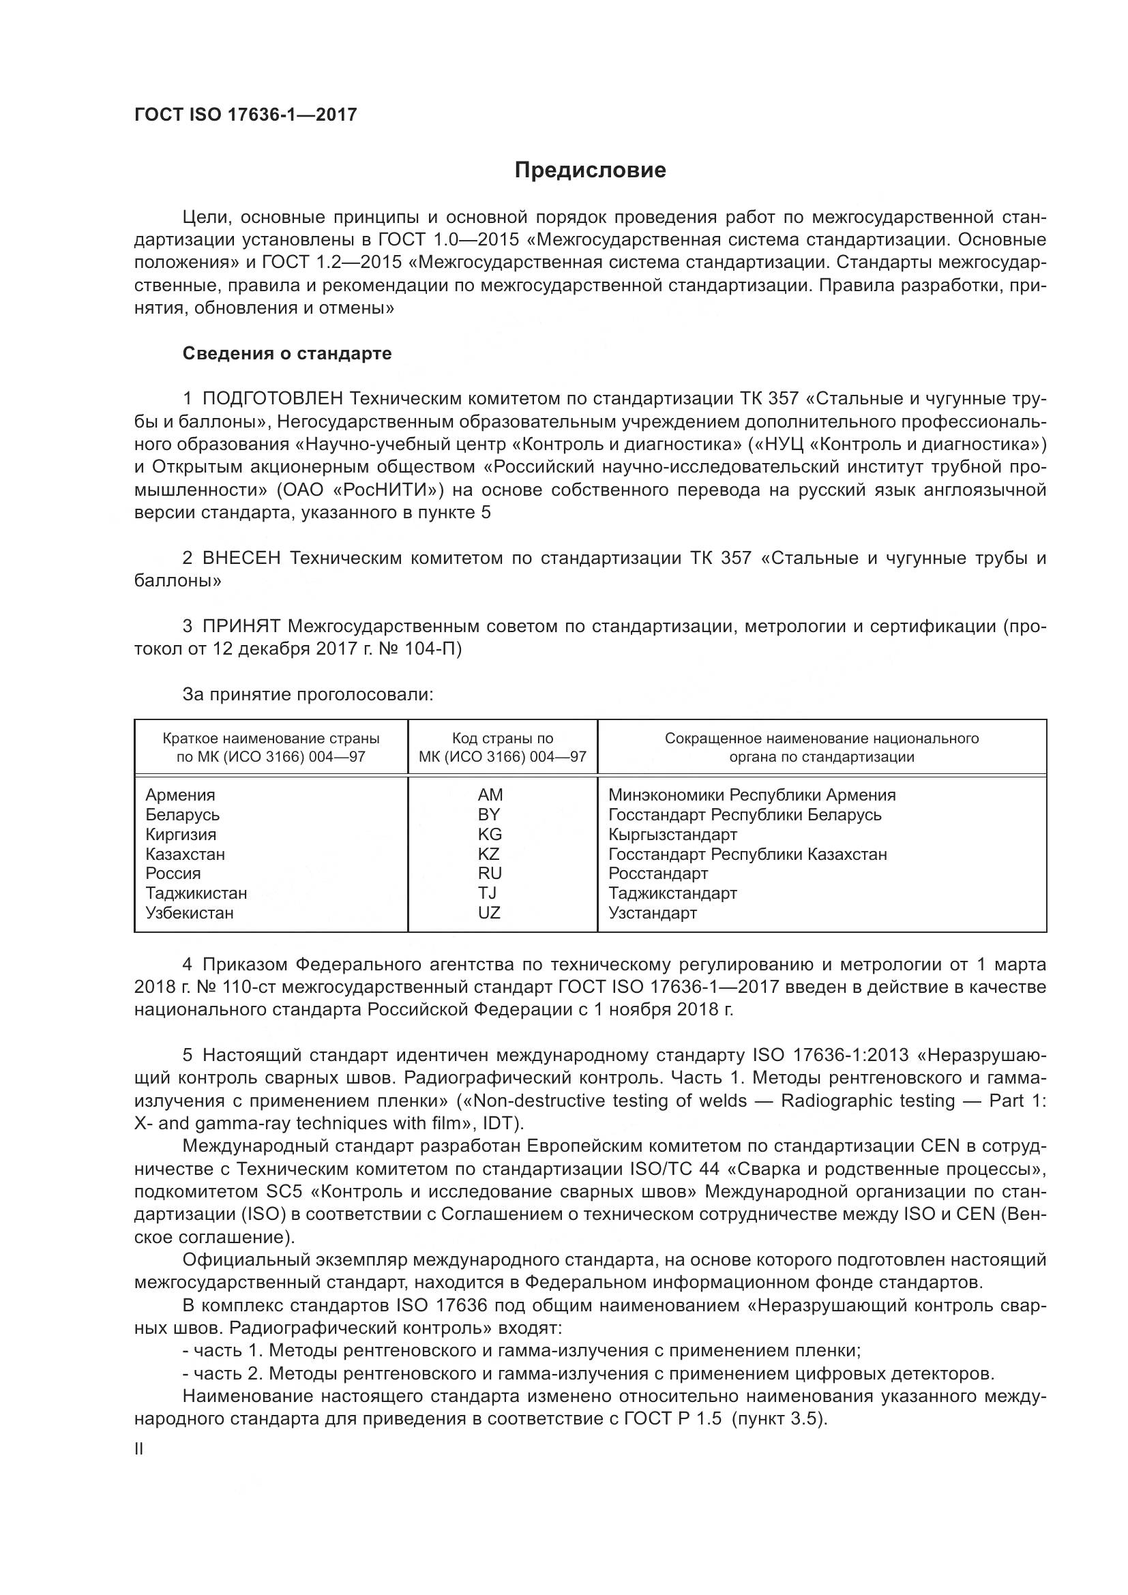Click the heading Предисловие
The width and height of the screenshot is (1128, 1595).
[590, 170]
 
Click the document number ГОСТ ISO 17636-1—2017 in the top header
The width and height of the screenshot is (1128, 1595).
[246, 115]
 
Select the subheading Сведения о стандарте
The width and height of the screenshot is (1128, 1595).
[287, 354]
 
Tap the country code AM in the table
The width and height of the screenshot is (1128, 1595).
[490, 794]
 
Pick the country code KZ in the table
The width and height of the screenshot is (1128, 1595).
[489, 854]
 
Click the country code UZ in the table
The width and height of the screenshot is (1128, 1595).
[489, 913]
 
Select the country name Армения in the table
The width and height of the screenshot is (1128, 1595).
[180, 794]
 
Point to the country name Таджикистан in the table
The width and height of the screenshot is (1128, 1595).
[196, 893]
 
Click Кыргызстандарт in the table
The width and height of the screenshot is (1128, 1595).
[672, 834]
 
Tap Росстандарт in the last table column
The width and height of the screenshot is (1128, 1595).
[657, 874]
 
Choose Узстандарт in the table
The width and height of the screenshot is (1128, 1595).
[652, 913]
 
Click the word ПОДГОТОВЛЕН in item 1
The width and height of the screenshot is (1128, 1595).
[272, 399]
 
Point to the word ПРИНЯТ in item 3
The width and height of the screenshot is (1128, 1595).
[241, 626]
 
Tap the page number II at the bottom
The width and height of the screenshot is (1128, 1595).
[139, 1449]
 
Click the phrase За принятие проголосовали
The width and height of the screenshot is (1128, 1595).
[308, 694]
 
